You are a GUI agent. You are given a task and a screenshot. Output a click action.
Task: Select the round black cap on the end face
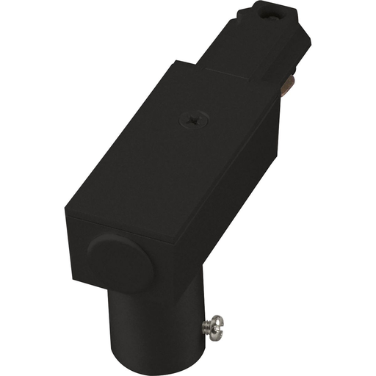click(120, 263)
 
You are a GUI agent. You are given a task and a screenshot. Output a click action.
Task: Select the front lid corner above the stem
click(179, 244)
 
